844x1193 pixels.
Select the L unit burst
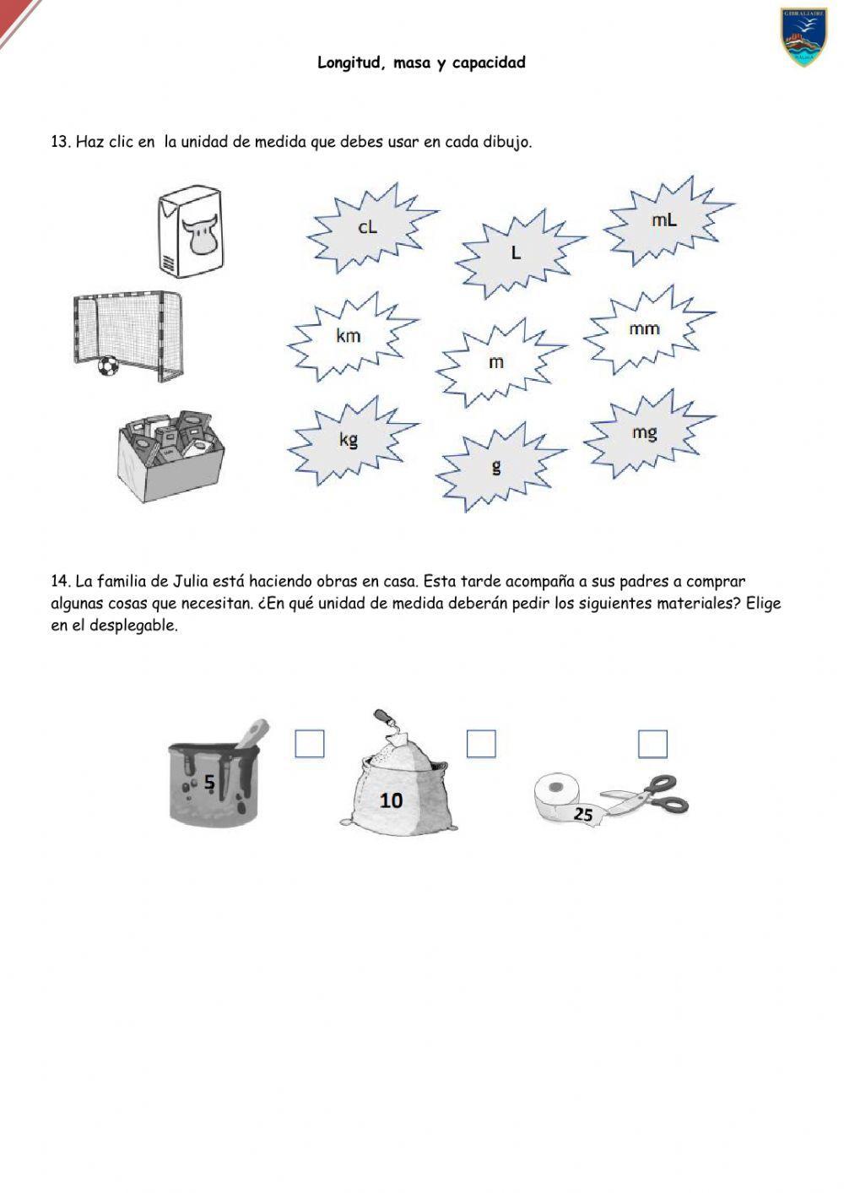[x=517, y=252]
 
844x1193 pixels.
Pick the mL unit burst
[x=664, y=220]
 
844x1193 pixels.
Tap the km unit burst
[x=349, y=336]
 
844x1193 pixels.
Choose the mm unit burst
[x=644, y=329]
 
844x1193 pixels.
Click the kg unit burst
[x=349, y=439]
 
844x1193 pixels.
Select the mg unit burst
[x=644, y=433]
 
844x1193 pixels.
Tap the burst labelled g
[x=496, y=466]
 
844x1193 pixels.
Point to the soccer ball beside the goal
[x=107, y=366]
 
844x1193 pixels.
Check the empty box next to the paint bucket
[x=310, y=744]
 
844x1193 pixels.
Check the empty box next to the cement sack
[x=481, y=744]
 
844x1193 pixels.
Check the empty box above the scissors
[x=652, y=744]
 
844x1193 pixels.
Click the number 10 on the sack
[x=391, y=800]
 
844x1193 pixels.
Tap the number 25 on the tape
[x=583, y=815]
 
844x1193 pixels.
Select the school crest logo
[x=803, y=37]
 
